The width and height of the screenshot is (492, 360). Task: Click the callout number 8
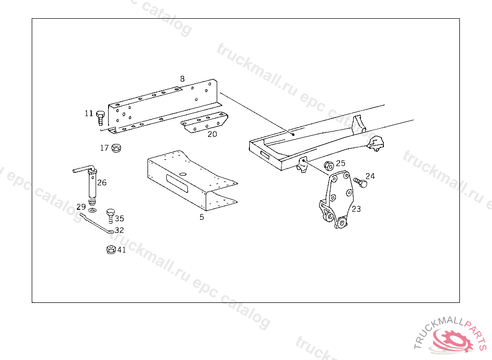[x=182, y=79]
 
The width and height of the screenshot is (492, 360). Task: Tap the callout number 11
[x=89, y=113]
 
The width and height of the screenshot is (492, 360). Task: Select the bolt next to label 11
[x=100, y=118]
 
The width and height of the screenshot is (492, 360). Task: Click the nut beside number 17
[x=116, y=148]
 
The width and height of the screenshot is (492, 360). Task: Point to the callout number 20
[x=212, y=134]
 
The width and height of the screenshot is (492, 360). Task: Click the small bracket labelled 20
[x=204, y=122]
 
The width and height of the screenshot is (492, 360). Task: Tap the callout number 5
[x=202, y=216]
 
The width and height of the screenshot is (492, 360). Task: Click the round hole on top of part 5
[x=183, y=174]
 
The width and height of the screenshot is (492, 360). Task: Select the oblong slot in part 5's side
[x=177, y=183]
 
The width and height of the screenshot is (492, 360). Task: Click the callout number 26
[x=102, y=182]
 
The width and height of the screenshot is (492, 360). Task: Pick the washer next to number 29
[x=92, y=210]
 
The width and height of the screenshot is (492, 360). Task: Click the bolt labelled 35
[x=111, y=216]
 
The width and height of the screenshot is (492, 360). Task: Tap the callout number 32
[x=119, y=230]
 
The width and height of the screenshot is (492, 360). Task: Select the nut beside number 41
[x=111, y=249]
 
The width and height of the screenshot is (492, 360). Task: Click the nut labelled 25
[x=329, y=166]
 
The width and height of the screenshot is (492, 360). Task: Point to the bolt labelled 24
[x=360, y=182]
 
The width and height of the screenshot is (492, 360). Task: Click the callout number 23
[x=356, y=208]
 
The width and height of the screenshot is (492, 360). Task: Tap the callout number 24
[x=370, y=176]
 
